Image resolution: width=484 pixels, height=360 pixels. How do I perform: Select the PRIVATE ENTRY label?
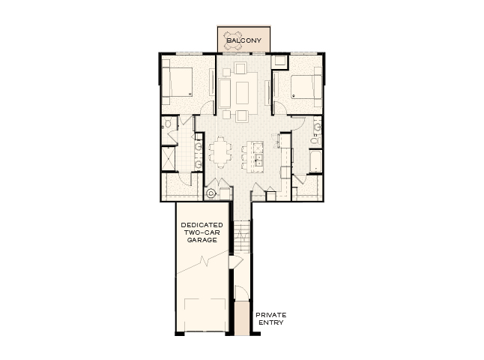click(270, 319)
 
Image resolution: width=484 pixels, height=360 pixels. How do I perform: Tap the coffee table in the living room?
click(242, 92)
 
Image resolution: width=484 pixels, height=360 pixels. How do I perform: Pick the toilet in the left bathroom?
click(167, 124)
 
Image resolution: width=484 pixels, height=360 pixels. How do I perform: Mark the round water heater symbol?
click(211, 193)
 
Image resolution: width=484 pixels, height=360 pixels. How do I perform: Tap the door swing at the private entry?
click(241, 293)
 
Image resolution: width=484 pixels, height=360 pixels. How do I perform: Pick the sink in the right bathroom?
click(318, 138)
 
